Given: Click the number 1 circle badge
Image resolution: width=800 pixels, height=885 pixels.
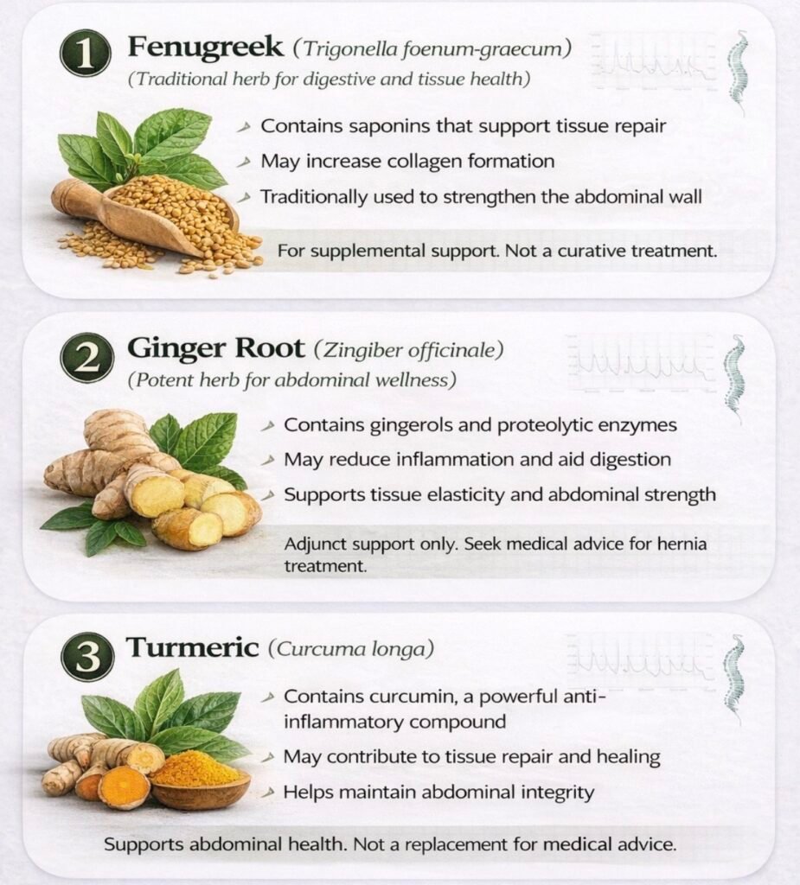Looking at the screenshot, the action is coord(85,54).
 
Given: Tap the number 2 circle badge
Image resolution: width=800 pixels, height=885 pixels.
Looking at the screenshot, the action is coord(86,357).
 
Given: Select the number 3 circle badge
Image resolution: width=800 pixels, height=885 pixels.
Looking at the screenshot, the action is coord(87,657).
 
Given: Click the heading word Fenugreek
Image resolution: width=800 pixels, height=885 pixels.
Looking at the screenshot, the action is coord(206,48).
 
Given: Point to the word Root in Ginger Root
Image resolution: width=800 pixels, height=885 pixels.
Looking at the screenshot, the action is coord(269,347).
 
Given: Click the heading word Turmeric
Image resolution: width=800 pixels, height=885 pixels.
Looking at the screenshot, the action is coord(192,646).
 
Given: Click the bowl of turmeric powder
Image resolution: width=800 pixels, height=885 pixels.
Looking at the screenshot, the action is coord(201,779).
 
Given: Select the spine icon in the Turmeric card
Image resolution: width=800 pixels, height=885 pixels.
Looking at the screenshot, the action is coord(734,679).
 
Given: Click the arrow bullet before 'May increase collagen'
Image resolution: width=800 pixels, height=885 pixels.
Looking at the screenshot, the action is coord(244,162).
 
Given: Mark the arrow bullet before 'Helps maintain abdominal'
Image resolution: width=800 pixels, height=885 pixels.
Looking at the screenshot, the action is coord(270,793).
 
